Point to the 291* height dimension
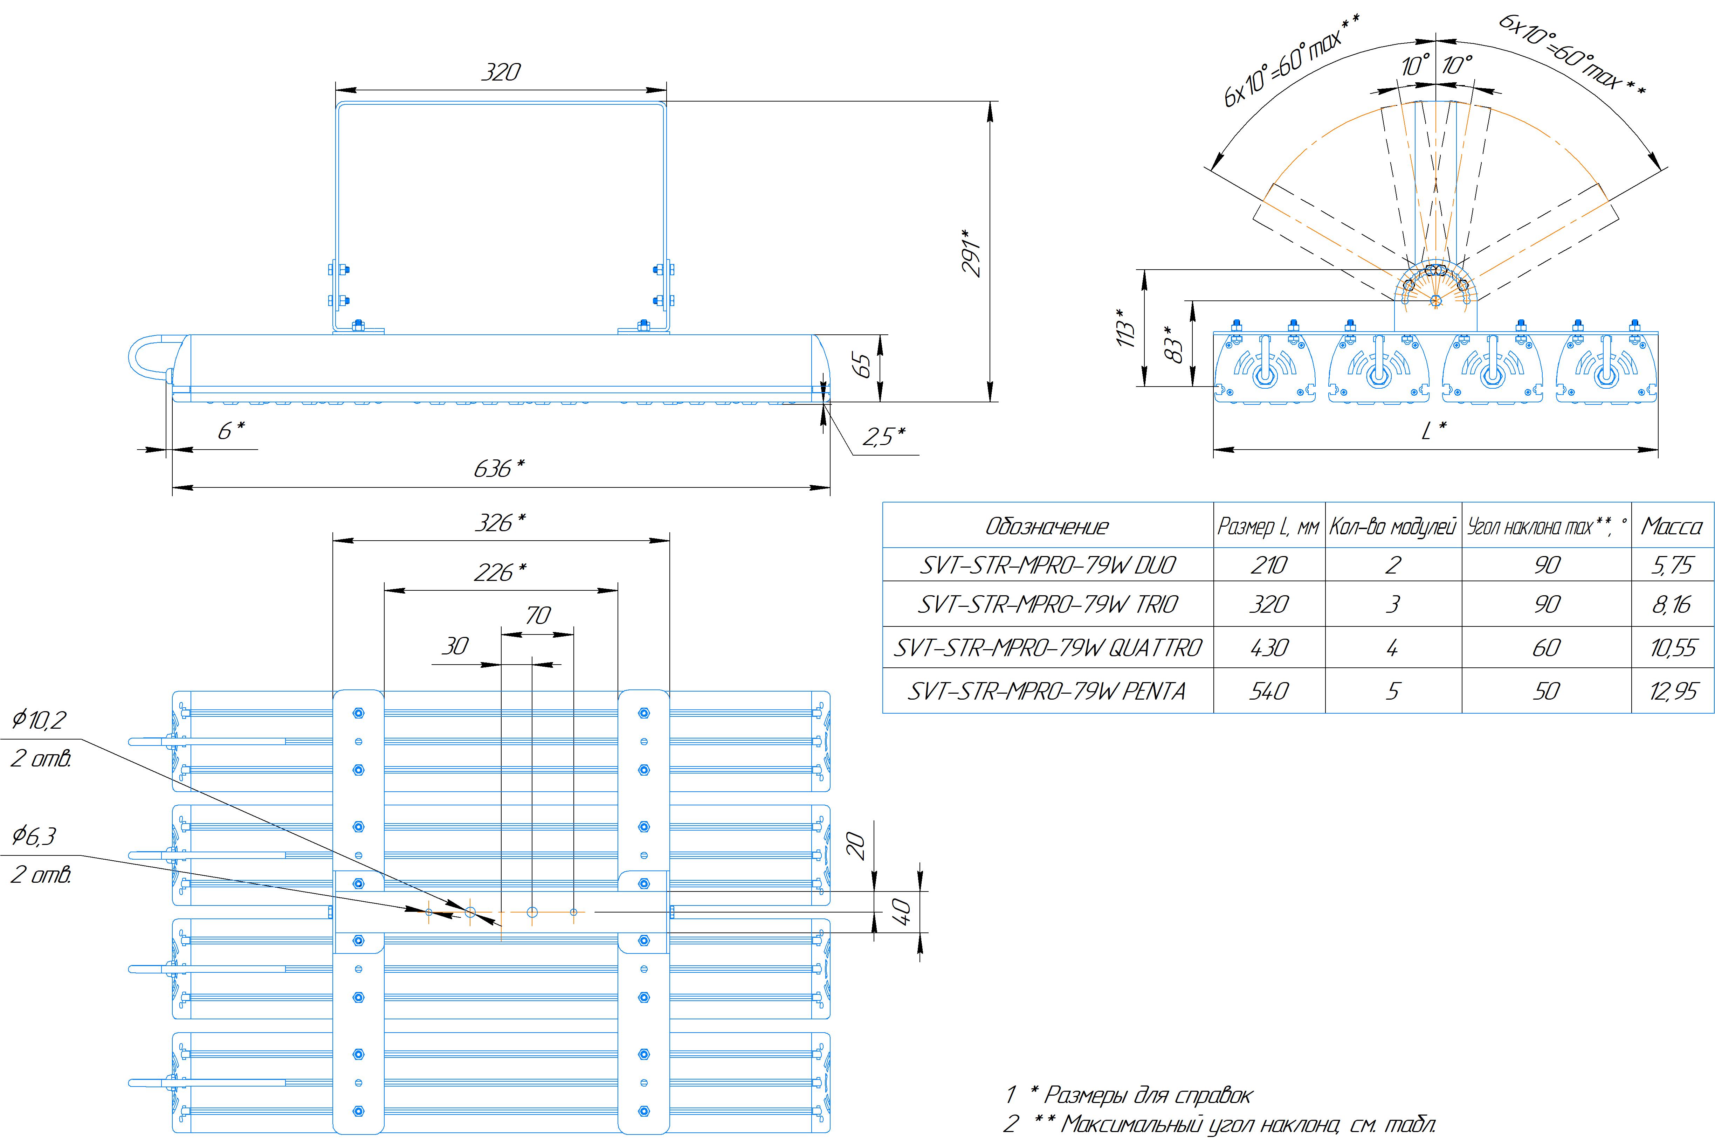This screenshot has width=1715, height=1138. coord(971,252)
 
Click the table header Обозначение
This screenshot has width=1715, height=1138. coord(1046,526)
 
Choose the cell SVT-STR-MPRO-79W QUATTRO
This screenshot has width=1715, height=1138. coord(1047,647)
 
